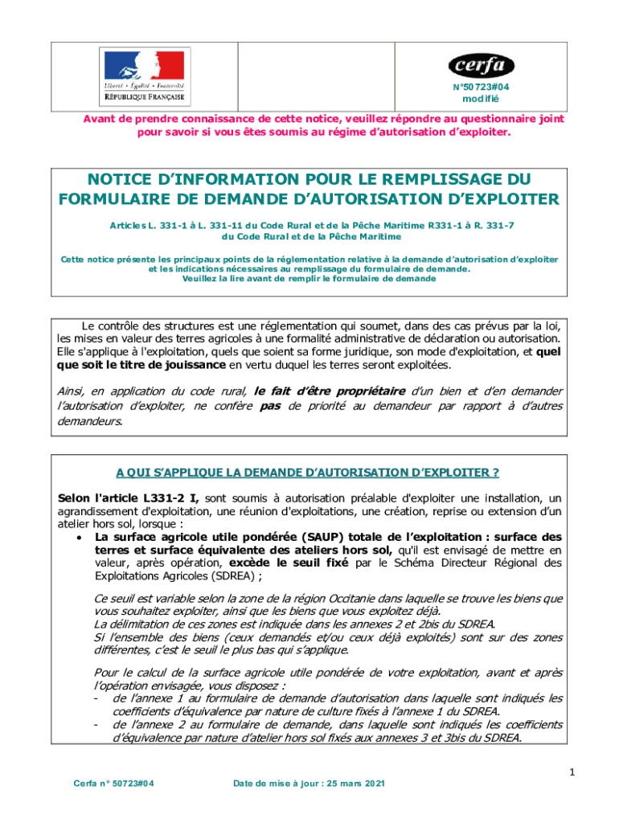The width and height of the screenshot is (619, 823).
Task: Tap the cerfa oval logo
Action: point(481,64)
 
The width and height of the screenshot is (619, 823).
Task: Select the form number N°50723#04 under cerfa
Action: point(481,87)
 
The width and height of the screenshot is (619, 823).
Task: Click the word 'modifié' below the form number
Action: point(481,99)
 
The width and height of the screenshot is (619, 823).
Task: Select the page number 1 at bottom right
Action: point(572,772)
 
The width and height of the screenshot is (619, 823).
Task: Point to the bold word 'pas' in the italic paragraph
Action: point(270,406)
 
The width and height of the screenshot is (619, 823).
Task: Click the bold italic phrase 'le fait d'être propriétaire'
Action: point(329,391)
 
